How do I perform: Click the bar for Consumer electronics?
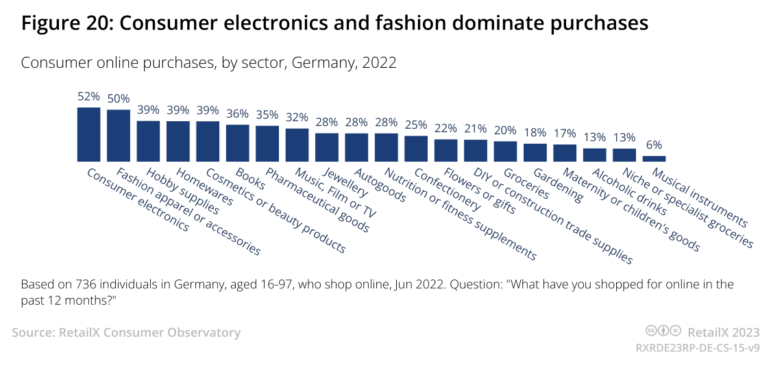[x=89, y=134]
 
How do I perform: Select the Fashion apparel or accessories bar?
[x=119, y=135]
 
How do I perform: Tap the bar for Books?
[x=238, y=142]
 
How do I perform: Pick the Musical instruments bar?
[x=654, y=158]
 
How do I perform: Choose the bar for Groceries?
[x=506, y=150]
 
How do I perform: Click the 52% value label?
[x=89, y=97]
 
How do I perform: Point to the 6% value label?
[x=654, y=145]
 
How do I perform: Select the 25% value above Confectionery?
[x=416, y=125]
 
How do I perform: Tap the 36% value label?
[x=238, y=114]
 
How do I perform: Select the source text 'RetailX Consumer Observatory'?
[x=150, y=333]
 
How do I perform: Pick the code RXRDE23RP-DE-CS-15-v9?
[x=698, y=348]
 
